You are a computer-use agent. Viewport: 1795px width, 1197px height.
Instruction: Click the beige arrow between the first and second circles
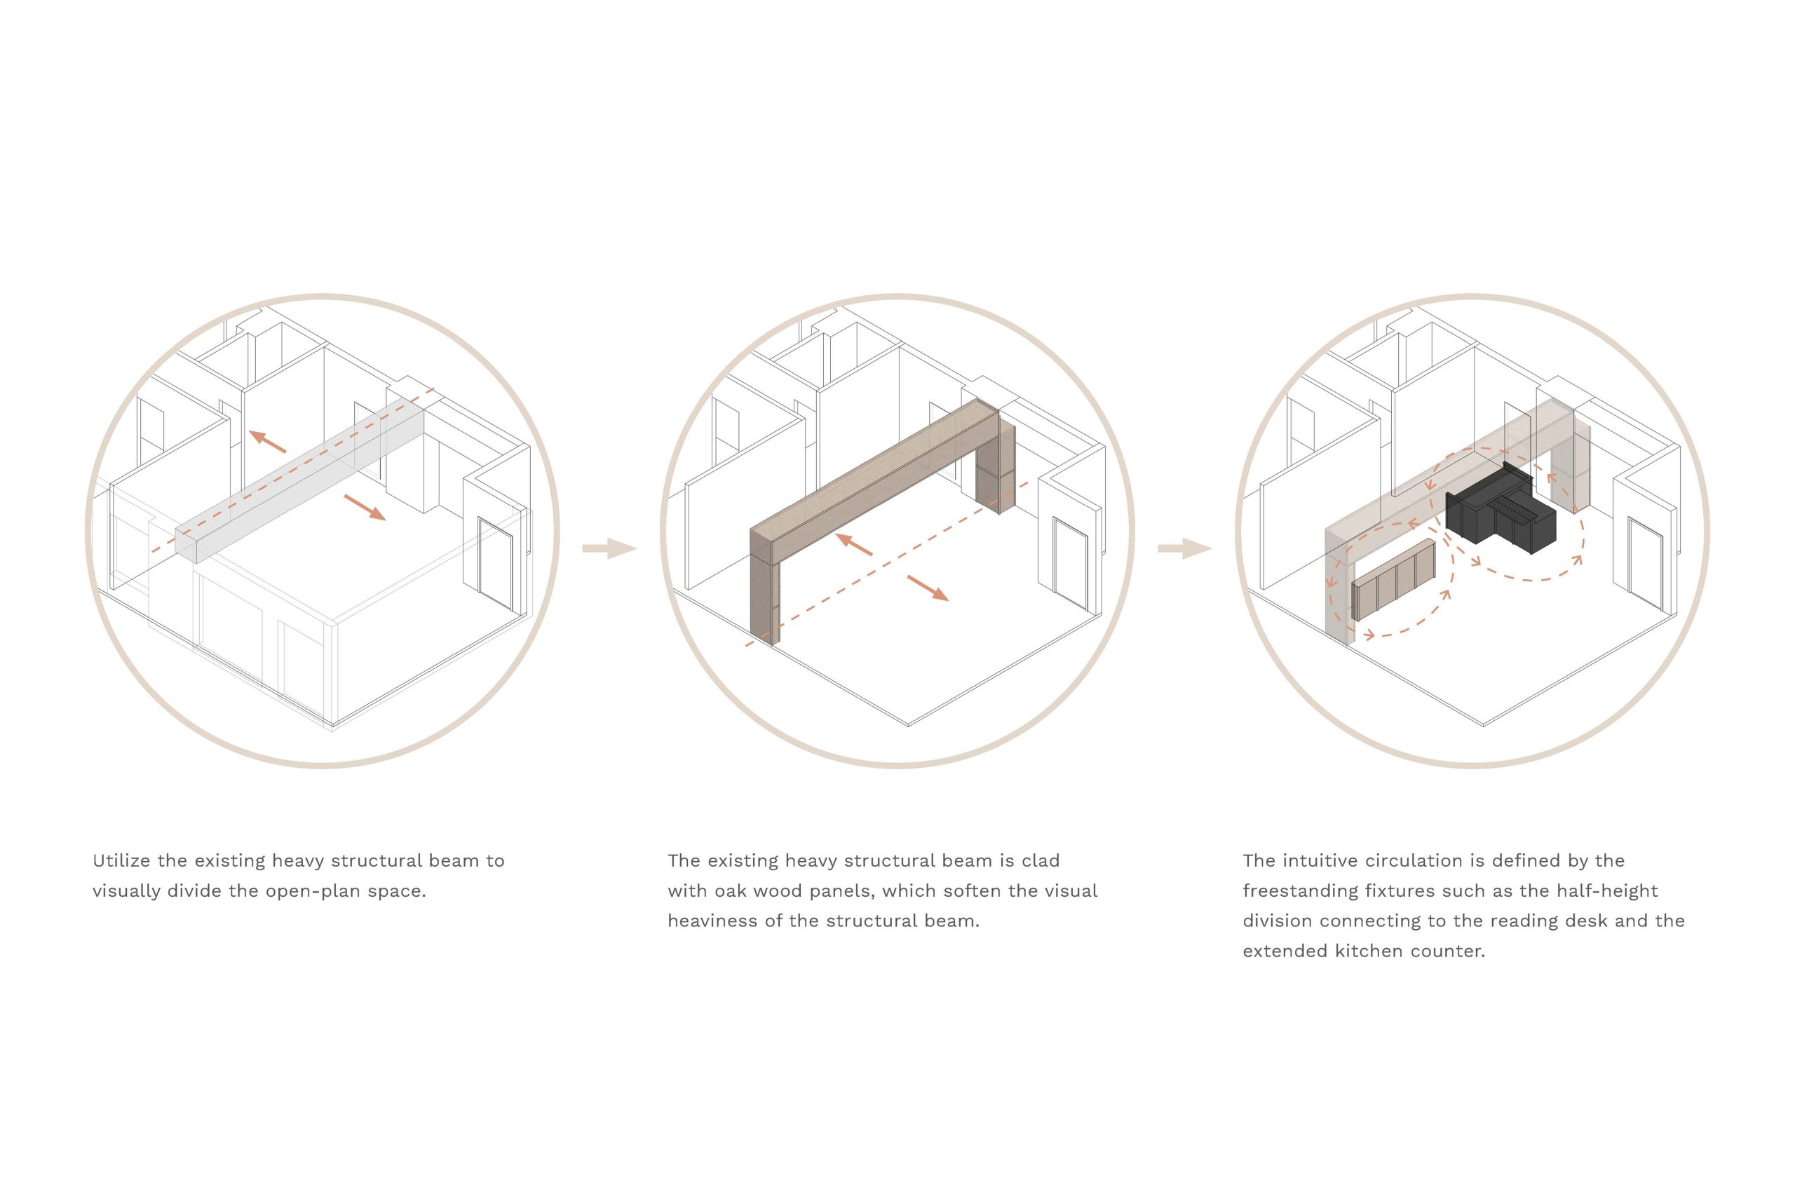609,548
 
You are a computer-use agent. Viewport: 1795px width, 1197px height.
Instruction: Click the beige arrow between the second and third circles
1184,548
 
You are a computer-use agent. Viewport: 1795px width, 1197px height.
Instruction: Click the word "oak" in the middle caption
731,891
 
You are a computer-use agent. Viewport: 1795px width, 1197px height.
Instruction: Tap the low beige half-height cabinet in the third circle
1393,578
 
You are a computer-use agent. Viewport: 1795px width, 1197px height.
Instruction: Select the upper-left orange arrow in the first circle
267,440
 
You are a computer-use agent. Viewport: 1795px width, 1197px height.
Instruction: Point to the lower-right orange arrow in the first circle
365,507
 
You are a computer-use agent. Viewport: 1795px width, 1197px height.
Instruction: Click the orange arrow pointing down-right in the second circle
928,588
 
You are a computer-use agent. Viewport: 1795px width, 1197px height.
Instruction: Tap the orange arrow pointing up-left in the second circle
854,543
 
